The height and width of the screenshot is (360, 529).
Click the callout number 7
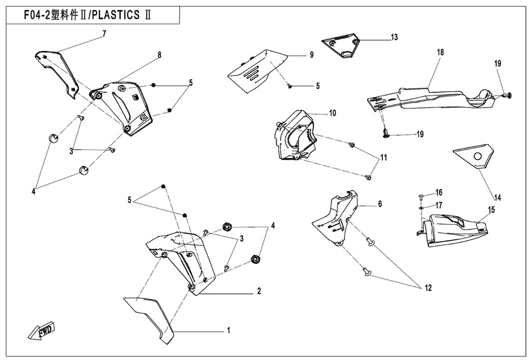[104, 34]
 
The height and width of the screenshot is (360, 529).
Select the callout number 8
[160, 55]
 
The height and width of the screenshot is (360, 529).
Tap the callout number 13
[394, 37]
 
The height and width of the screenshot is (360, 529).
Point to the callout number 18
[440, 53]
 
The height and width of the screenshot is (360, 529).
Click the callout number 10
[332, 113]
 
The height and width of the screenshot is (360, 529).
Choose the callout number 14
[497, 197]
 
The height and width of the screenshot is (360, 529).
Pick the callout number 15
[491, 210]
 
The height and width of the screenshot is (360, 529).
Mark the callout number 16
[439, 192]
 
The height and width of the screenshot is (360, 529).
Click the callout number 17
[439, 205]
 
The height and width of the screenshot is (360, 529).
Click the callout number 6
[380, 204]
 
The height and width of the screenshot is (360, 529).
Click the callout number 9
[312, 55]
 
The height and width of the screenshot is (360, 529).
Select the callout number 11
[383, 158]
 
